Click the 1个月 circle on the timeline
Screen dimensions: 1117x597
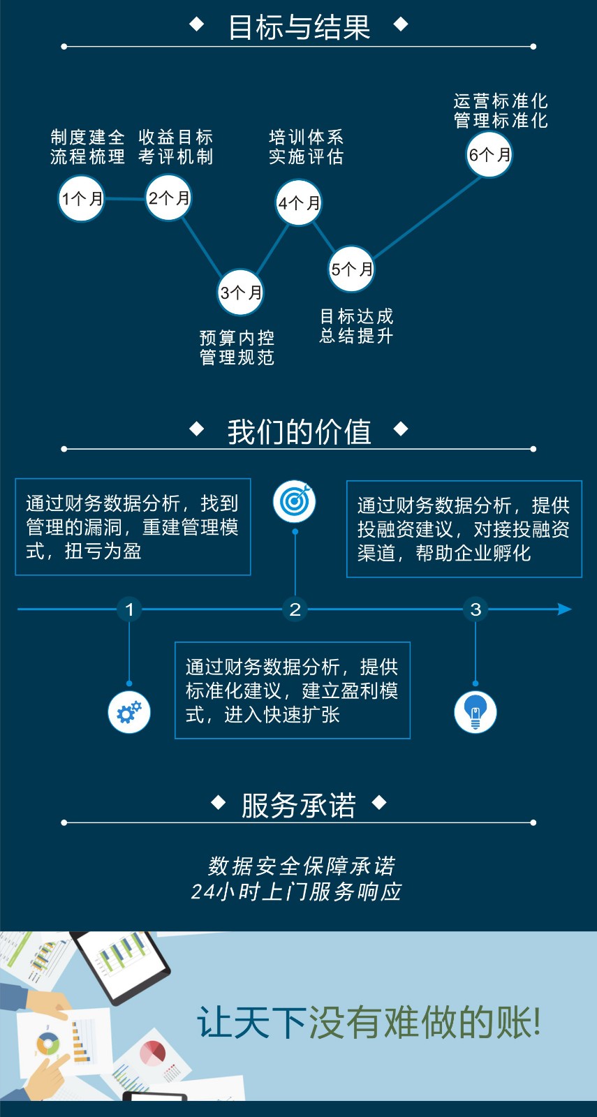[81, 199]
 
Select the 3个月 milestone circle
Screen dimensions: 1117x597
[240, 293]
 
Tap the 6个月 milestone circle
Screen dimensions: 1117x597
[489, 154]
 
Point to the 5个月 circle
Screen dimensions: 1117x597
[351, 269]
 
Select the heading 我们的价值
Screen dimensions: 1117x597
[299, 431]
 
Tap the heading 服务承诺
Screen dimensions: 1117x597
[299, 805]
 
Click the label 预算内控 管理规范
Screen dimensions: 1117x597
[237, 348]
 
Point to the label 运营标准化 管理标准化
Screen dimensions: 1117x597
[501, 111]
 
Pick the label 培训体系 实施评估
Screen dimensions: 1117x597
[307, 147]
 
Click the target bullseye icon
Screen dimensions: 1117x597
[295, 501]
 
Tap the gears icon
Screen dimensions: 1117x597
[129, 712]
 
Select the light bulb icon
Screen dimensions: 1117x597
[476, 712]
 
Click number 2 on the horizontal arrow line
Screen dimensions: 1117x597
[295, 609]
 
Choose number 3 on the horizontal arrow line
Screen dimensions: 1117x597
[476, 609]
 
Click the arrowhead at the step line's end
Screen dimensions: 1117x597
[565, 609]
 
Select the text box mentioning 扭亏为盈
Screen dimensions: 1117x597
[133, 527]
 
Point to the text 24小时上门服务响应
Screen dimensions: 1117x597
[296, 892]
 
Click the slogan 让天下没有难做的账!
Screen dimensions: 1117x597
[369, 1023]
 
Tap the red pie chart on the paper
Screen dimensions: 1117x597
[152, 1053]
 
